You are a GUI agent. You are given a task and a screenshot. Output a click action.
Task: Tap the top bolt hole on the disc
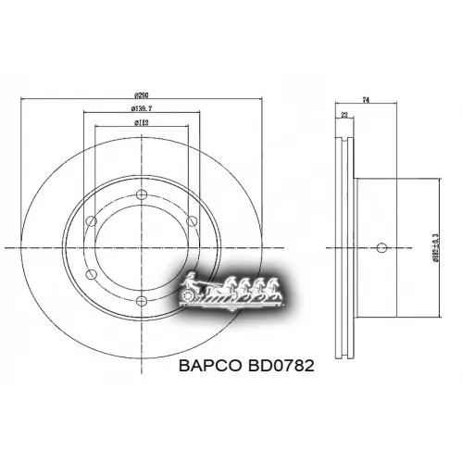click(x=142, y=194)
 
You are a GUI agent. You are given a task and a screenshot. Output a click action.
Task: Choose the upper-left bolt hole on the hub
click(x=92, y=220)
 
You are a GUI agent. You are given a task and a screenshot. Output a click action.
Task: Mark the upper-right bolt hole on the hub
click(x=190, y=220)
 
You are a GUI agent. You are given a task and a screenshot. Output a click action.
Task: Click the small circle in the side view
click(x=382, y=246)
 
